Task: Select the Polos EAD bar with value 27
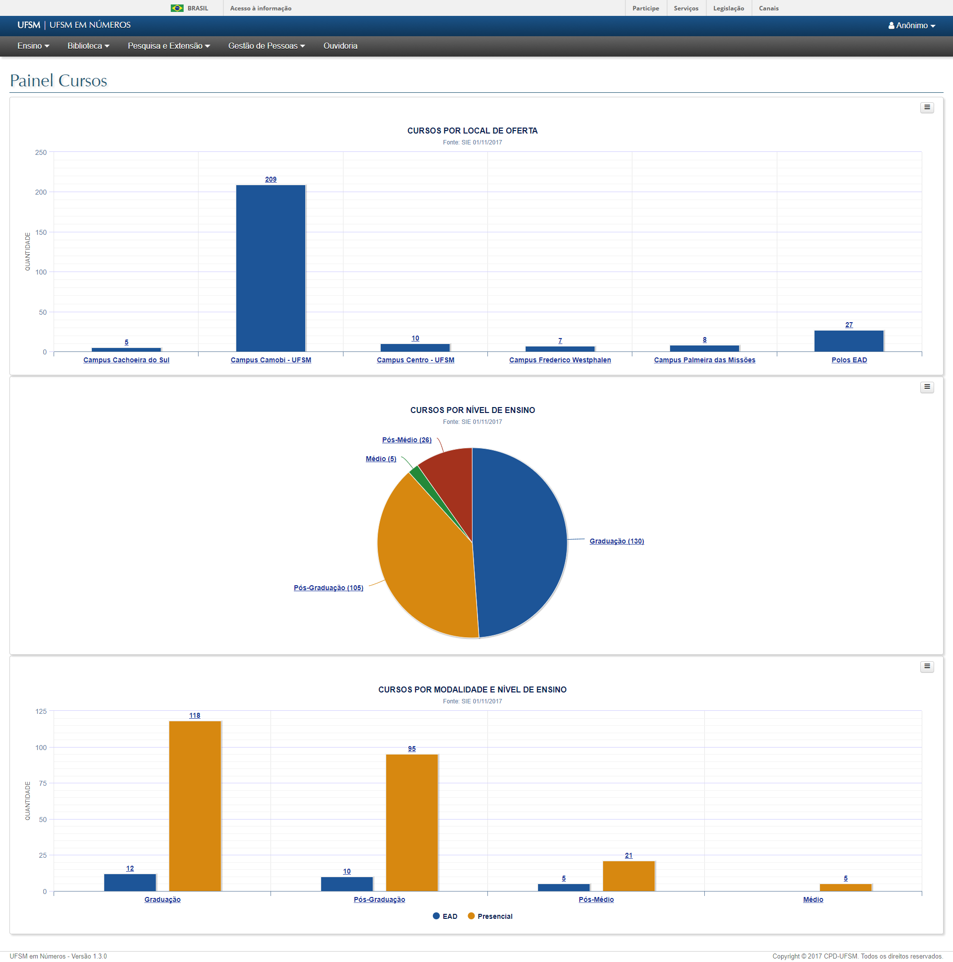pos(848,341)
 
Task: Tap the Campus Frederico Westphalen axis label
pos(560,360)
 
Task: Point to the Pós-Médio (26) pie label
pos(407,440)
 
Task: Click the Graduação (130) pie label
pos(616,541)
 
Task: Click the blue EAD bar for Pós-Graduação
pos(346,884)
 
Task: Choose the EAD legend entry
pos(445,916)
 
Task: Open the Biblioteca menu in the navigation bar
pos(88,46)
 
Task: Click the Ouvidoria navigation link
pos(340,46)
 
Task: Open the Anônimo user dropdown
pos(911,25)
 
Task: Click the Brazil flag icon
pos(177,8)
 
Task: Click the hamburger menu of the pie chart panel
pos(927,387)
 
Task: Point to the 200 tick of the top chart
pos(41,192)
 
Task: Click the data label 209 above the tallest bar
pos(271,179)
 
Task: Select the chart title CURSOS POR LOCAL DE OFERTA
pos(472,131)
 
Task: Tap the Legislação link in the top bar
pos(729,8)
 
